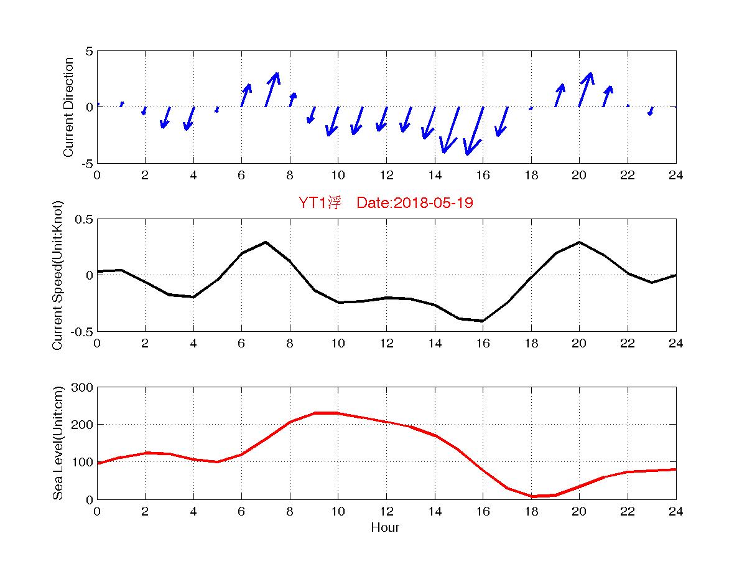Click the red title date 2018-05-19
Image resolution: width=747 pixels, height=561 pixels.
pos(415,203)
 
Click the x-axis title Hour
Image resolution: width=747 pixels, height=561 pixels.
pos(385,528)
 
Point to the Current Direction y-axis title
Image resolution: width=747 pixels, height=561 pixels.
pos(68,107)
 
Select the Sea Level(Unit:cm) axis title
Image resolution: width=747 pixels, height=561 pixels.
pos(58,443)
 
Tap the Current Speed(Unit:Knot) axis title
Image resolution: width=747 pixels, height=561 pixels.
pos(58,275)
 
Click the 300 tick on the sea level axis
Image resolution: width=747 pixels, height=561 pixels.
pos(82,387)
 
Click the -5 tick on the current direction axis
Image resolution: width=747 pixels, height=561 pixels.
pos(86,163)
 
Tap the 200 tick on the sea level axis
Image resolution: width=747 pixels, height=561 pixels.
pos(82,425)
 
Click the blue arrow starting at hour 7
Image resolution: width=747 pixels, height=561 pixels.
pos(271,89)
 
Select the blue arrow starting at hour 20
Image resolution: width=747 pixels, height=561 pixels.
pos(585,89)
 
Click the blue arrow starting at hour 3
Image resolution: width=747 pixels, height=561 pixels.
pos(165,117)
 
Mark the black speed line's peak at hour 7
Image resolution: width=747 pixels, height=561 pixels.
pos(266,242)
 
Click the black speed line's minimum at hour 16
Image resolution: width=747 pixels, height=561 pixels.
pos(483,321)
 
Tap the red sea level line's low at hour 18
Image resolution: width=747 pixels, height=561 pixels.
pos(531,496)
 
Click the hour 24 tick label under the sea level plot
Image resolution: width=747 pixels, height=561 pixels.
pos(676,512)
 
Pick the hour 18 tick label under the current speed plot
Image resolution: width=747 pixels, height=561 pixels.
pos(531,344)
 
